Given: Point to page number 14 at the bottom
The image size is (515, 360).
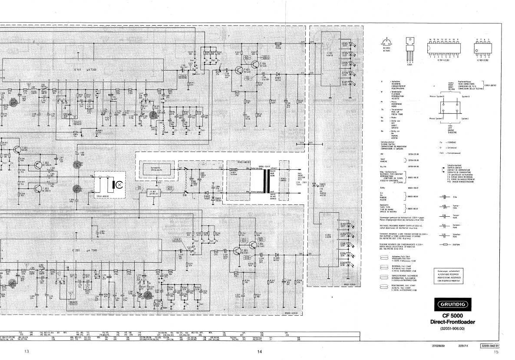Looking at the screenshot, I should (259, 352).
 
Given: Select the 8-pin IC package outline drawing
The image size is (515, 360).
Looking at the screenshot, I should (483, 49).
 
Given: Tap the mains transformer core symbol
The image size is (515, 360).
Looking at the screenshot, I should (263, 180).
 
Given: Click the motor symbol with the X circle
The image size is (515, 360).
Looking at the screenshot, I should (114, 184).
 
